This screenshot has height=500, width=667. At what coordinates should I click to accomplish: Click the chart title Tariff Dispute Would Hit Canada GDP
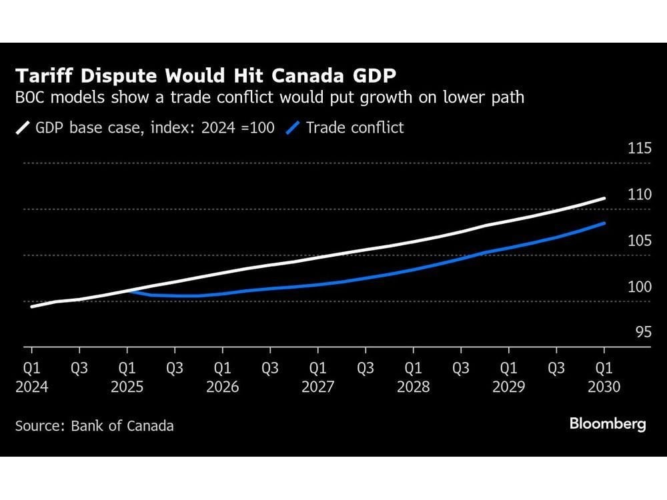pyautogui.click(x=206, y=76)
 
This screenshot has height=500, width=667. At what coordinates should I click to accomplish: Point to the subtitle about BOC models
pyautogui.click(x=269, y=97)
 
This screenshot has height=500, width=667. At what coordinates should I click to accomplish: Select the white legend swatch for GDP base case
pyautogui.click(x=23, y=127)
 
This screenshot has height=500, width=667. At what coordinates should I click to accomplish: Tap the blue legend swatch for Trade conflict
pyautogui.click(x=293, y=127)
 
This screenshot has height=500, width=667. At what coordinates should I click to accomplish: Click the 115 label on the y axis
pyautogui.click(x=640, y=148)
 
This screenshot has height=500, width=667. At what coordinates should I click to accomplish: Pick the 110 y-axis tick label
pyautogui.click(x=640, y=194)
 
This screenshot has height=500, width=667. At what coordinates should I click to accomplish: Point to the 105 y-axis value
pyautogui.click(x=640, y=241)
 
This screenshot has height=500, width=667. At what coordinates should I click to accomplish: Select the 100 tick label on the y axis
pyautogui.click(x=640, y=287)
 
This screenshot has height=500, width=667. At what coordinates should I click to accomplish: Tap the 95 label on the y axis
pyautogui.click(x=643, y=332)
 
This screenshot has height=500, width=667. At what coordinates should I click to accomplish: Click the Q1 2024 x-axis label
pyautogui.click(x=32, y=377)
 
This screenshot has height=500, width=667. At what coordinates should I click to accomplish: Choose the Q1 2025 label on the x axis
pyautogui.click(x=127, y=377)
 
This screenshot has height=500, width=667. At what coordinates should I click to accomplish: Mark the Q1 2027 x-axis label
pyautogui.click(x=317, y=377)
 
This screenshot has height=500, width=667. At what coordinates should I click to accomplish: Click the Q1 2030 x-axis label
pyautogui.click(x=604, y=377)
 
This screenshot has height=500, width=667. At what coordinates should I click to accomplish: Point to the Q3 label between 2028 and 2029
pyautogui.click(x=461, y=368)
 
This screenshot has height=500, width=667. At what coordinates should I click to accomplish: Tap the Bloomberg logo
pyautogui.click(x=608, y=424)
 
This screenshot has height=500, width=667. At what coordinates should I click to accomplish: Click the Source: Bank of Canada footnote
pyautogui.click(x=95, y=426)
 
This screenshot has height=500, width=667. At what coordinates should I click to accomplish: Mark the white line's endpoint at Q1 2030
pyautogui.click(x=604, y=198)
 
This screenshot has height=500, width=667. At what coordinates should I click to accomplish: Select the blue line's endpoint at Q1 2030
pyautogui.click(x=604, y=223)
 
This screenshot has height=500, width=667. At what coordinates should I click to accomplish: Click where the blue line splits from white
pyautogui.click(x=127, y=291)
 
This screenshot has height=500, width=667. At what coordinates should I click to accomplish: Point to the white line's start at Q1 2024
pyautogui.click(x=32, y=306)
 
